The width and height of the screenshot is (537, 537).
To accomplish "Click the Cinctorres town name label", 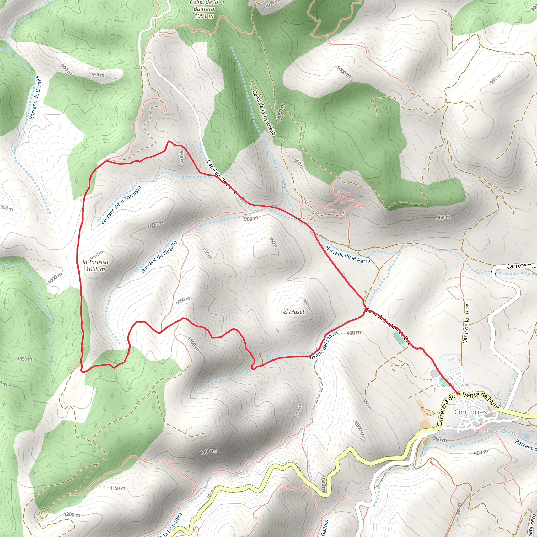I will pos(471,412).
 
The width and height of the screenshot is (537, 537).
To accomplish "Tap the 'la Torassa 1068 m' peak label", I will pos(95,265).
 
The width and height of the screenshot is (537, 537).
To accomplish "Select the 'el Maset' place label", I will pos(294,312).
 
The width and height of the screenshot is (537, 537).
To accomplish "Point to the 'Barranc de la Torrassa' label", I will pos(121,205).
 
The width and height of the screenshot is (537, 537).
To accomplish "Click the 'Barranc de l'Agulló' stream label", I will pos(159,257).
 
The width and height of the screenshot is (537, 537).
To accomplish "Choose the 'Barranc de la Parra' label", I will pos(348,254).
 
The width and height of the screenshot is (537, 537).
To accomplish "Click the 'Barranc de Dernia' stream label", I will pos(35,98).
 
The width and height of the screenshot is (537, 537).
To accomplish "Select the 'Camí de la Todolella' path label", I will pos(264,112).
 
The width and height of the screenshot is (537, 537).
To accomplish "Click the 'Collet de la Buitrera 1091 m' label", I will pos(204,9).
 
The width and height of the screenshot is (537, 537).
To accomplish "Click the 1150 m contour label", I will pos(117,488).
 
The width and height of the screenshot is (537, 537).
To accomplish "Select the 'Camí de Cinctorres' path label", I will pos(223,178).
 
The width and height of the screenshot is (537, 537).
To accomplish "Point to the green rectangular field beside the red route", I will pos(399,338).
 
